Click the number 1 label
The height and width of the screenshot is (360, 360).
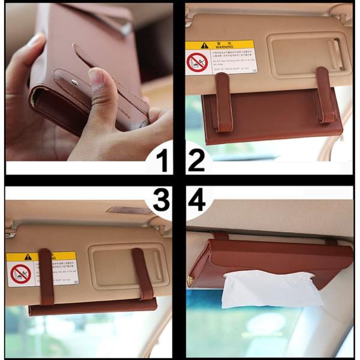pos(161,160)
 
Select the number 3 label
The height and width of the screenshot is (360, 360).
pos(160,200)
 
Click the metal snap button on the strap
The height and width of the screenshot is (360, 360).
pos(74,82)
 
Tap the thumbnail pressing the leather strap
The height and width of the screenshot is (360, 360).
pos(96,78)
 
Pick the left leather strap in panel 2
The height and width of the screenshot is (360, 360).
pos(223,102)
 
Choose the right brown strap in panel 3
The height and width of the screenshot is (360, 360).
pos(142,274)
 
